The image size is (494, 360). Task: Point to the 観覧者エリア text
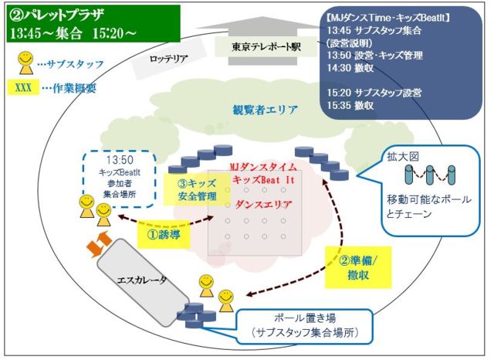265,110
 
